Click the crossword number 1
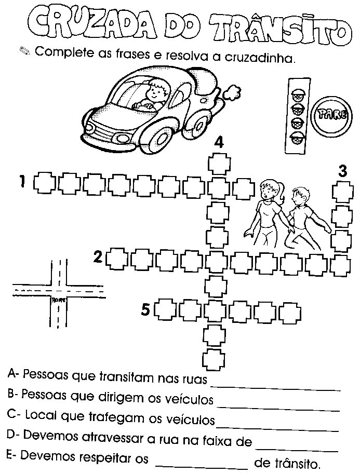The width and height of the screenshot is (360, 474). click(x=22, y=182)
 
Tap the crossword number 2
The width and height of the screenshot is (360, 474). click(x=98, y=256)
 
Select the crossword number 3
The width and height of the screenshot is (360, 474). click(x=341, y=171)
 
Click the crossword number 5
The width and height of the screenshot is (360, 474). click(x=146, y=310)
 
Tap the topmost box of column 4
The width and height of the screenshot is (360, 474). click(x=217, y=164)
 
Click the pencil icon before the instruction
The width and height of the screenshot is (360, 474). click(x=24, y=51)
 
